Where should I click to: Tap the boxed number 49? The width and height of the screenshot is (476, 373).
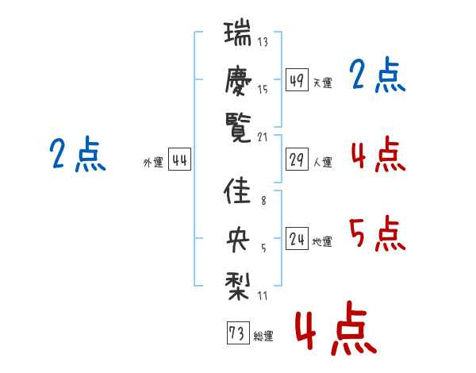pyautogui.click(x=297, y=80)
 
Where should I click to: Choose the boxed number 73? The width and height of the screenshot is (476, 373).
pyautogui.click(x=236, y=333)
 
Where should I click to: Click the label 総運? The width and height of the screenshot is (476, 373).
pyautogui.click(x=263, y=336)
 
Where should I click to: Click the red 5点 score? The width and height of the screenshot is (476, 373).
pyautogui.click(x=377, y=234)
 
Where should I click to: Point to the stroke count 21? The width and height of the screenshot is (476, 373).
pyautogui.click(x=263, y=136)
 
